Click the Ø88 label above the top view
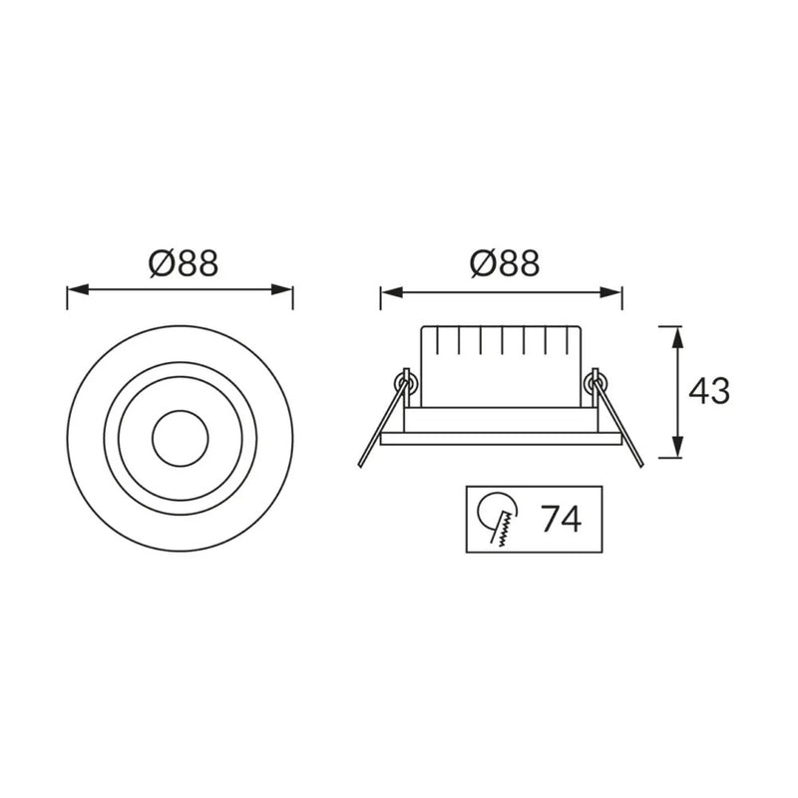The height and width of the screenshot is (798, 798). click(x=183, y=263)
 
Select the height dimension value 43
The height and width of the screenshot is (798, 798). click(x=709, y=392)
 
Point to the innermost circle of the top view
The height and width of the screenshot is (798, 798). click(x=180, y=436)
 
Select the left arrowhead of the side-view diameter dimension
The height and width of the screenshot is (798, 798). click(x=388, y=292)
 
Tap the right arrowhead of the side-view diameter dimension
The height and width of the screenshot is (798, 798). click(x=614, y=292)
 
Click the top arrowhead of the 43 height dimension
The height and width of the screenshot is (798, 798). click(x=678, y=334)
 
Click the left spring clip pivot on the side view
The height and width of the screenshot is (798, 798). click(x=405, y=379)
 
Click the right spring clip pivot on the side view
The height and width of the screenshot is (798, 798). click(x=597, y=379)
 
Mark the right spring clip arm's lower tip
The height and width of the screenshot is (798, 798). click(x=639, y=462)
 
